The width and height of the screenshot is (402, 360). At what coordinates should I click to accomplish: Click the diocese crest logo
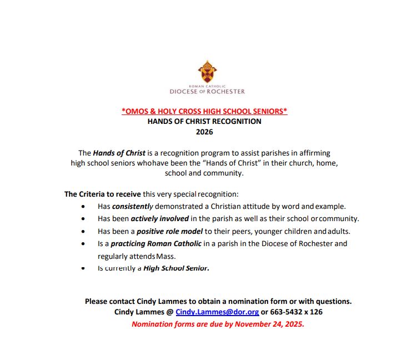(x=207, y=71)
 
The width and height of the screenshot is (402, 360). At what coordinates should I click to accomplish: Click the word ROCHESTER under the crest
(x=225, y=92)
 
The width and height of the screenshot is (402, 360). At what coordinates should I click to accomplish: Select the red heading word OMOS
(x=136, y=111)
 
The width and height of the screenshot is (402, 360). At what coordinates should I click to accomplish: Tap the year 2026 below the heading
(x=204, y=132)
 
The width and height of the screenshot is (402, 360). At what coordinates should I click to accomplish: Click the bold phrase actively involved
(x=160, y=218)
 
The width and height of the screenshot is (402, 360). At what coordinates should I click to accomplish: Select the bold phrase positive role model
(x=161, y=231)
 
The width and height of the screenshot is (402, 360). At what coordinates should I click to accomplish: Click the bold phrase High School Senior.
(x=176, y=268)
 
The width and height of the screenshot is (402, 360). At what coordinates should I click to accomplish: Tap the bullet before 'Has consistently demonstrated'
(x=83, y=206)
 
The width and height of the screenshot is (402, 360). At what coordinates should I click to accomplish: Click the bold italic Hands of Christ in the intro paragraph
(x=119, y=153)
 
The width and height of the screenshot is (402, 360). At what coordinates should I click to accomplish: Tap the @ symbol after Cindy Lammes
(x=170, y=312)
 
